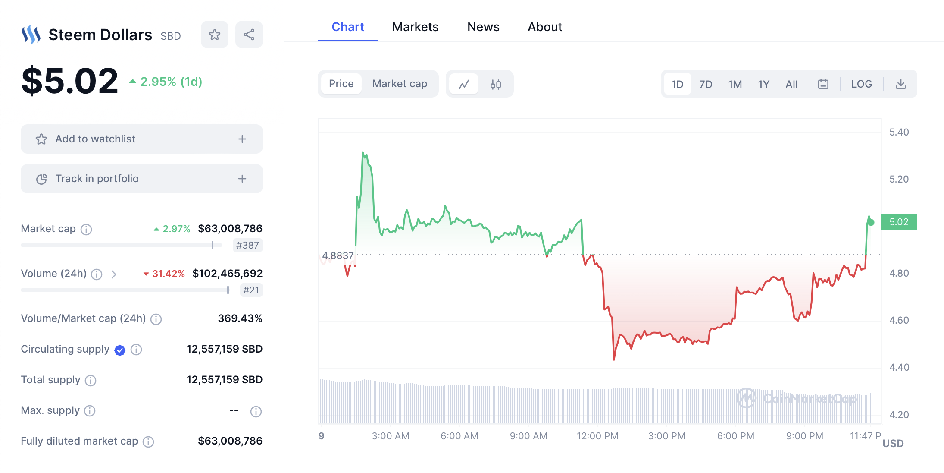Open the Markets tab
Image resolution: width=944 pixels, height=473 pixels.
(415, 27)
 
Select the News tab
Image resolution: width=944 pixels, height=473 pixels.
(483, 27)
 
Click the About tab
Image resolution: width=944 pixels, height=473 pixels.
(545, 27)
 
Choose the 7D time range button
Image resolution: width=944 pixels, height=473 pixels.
(706, 84)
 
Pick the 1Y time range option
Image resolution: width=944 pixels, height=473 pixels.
(763, 84)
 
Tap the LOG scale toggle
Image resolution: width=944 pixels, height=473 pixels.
(861, 84)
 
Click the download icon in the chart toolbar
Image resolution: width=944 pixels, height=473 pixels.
(900, 84)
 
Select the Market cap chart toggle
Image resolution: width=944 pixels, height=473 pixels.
(400, 84)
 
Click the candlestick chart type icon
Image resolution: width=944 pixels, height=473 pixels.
(496, 84)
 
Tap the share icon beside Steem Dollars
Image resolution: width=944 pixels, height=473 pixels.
(249, 35)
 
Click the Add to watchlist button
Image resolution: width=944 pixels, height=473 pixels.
(142, 139)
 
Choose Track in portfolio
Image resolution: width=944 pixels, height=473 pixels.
(142, 179)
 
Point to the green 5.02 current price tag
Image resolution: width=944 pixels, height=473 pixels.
(899, 222)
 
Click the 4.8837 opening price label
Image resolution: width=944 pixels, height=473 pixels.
(338, 255)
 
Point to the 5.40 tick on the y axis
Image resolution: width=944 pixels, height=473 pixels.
(899, 132)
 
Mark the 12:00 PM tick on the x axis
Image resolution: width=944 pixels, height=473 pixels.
(597, 436)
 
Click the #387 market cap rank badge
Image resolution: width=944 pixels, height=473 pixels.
(247, 245)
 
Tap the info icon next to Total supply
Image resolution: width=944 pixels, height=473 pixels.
(91, 380)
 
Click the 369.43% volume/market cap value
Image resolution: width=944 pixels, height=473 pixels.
(240, 318)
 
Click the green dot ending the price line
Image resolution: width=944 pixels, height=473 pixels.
(871, 222)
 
